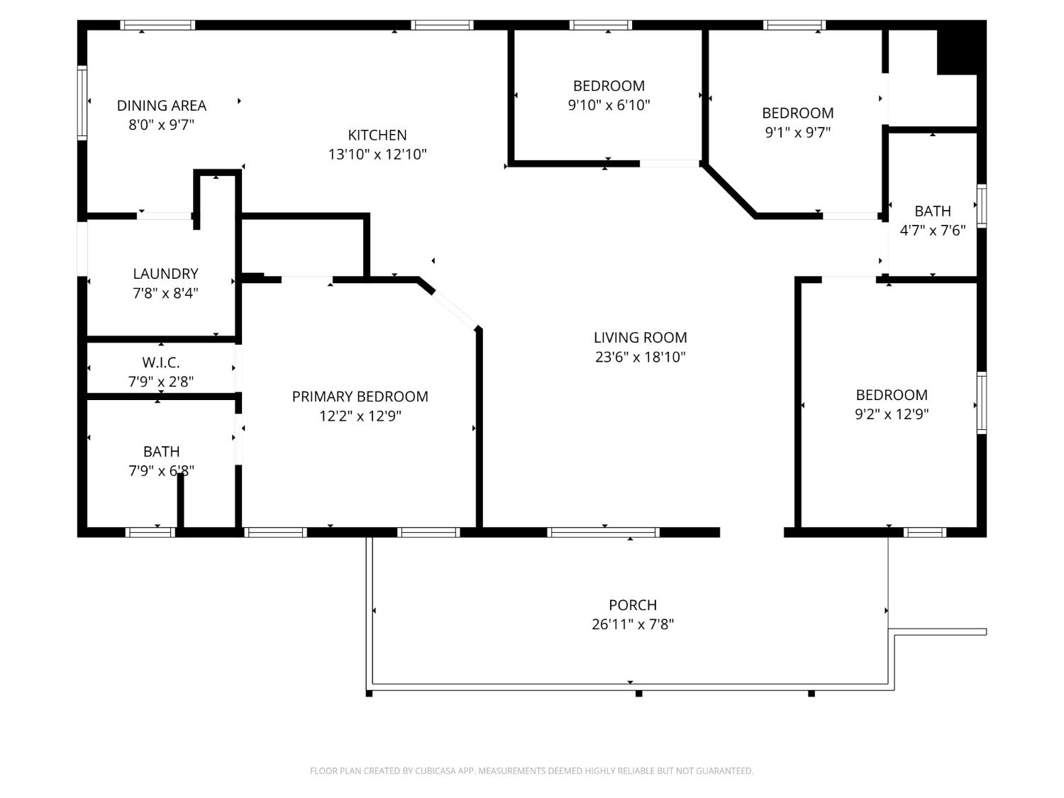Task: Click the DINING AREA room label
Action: coord(162,106)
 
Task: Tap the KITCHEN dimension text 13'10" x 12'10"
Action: coord(377,154)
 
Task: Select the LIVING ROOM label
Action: coord(640,338)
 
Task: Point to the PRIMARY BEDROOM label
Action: coord(360,397)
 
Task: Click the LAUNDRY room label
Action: coord(165,274)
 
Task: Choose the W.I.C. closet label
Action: coord(161,362)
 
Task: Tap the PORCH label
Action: coord(633,605)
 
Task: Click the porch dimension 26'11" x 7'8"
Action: coord(633,624)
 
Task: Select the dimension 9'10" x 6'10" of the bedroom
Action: coord(609,105)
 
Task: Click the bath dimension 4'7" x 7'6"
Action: coord(932,231)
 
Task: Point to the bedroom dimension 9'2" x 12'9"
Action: coord(892,414)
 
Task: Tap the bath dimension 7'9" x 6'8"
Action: coord(161,470)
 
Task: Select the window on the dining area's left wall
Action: coord(82,102)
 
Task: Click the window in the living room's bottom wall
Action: coord(604,532)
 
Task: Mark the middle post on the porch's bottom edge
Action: coord(638,693)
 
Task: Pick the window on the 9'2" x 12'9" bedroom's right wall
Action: coord(982,402)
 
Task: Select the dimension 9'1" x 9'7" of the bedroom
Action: coord(797,132)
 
